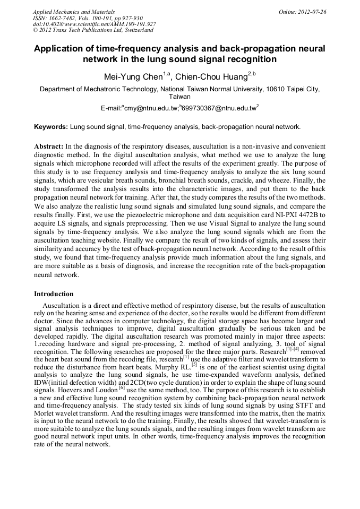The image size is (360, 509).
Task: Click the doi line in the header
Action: (94, 24)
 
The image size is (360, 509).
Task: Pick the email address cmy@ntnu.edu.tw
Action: (150, 108)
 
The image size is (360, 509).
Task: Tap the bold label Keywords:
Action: (51, 127)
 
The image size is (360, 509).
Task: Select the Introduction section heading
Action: (54, 294)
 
